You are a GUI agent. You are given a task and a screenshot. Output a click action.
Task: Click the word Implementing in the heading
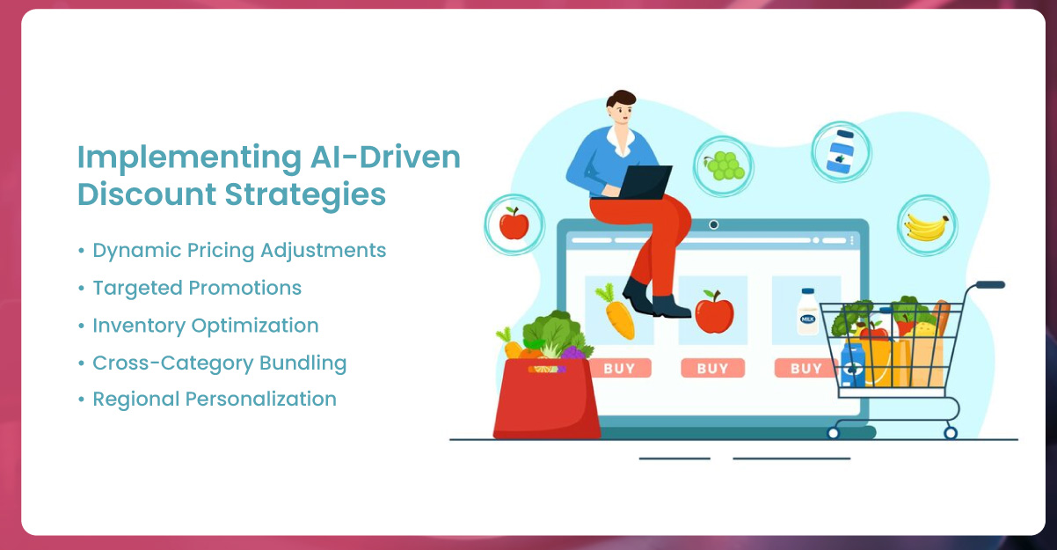click(x=189, y=158)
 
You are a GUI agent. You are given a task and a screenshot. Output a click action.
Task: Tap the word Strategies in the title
click(x=305, y=194)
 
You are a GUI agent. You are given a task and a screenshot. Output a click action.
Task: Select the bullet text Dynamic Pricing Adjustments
click(x=239, y=251)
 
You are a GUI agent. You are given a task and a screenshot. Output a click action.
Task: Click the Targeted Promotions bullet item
click(x=197, y=288)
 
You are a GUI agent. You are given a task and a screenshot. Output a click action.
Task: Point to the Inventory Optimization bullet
click(x=205, y=326)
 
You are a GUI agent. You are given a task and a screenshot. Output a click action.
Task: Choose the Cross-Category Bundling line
click(x=220, y=363)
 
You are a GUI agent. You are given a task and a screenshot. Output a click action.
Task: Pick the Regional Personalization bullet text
click(x=215, y=400)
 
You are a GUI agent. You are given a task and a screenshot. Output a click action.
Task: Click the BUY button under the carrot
click(x=619, y=368)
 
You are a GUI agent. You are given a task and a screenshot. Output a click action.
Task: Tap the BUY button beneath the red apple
click(x=712, y=368)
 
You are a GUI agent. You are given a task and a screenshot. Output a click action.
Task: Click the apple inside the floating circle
click(x=514, y=224)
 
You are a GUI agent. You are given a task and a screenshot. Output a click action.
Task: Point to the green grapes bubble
click(x=724, y=166)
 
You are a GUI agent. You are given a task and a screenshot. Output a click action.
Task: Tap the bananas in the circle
click(x=926, y=227)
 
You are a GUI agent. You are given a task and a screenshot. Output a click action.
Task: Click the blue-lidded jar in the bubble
click(x=841, y=151)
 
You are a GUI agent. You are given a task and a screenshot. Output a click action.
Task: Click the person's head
click(x=622, y=107)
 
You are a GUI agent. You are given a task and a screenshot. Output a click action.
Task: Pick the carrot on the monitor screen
click(x=616, y=312)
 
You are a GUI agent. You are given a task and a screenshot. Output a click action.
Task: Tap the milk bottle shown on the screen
click(x=808, y=312)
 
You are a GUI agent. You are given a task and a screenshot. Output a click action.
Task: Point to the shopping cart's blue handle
click(x=990, y=284)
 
